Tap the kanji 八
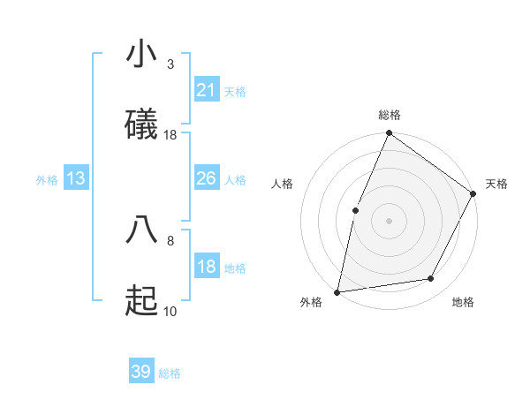coord(141,229)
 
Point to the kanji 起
coord(141,300)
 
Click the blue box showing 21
coord(206,90)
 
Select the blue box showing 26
coord(206,179)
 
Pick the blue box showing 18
coord(206,268)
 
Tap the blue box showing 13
coord(76,179)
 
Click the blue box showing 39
coord(140,373)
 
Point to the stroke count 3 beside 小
coord(170,64)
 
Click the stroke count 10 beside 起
coord(170,311)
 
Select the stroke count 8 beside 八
coord(170,239)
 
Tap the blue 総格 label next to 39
coord(170,373)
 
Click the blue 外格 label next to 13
coord(47,180)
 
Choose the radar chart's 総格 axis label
coord(389,115)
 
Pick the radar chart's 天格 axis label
coord(496,184)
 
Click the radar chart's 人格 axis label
coord(282,184)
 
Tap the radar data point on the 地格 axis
coord(431,279)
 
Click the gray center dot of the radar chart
coord(389,220)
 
